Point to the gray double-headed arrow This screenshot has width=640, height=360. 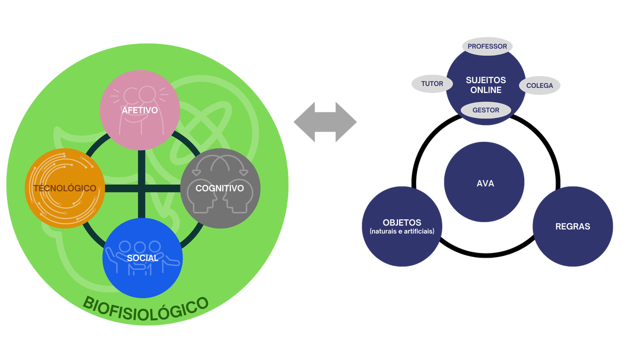pyautogui.click(x=325, y=121)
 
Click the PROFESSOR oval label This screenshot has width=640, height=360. pyautogui.click(x=487, y=46)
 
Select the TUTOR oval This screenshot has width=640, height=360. pyautogui.click(x=432, y=84)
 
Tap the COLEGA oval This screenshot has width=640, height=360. pyautogui.click(x=540, y=85)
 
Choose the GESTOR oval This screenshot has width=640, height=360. pyautogui.click(x=486, y=110)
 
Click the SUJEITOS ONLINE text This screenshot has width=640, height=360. pyautogui.click(x=486, y=85)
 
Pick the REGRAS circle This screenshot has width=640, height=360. pyautogui.click(x=573, y=226)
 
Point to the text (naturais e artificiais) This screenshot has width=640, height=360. pyautogui.click(x=402, y=231)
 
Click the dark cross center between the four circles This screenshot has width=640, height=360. pyautogui.click(x=142, y=188)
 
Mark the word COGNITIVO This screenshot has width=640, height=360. pyautogui.click(x=220, y=188)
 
